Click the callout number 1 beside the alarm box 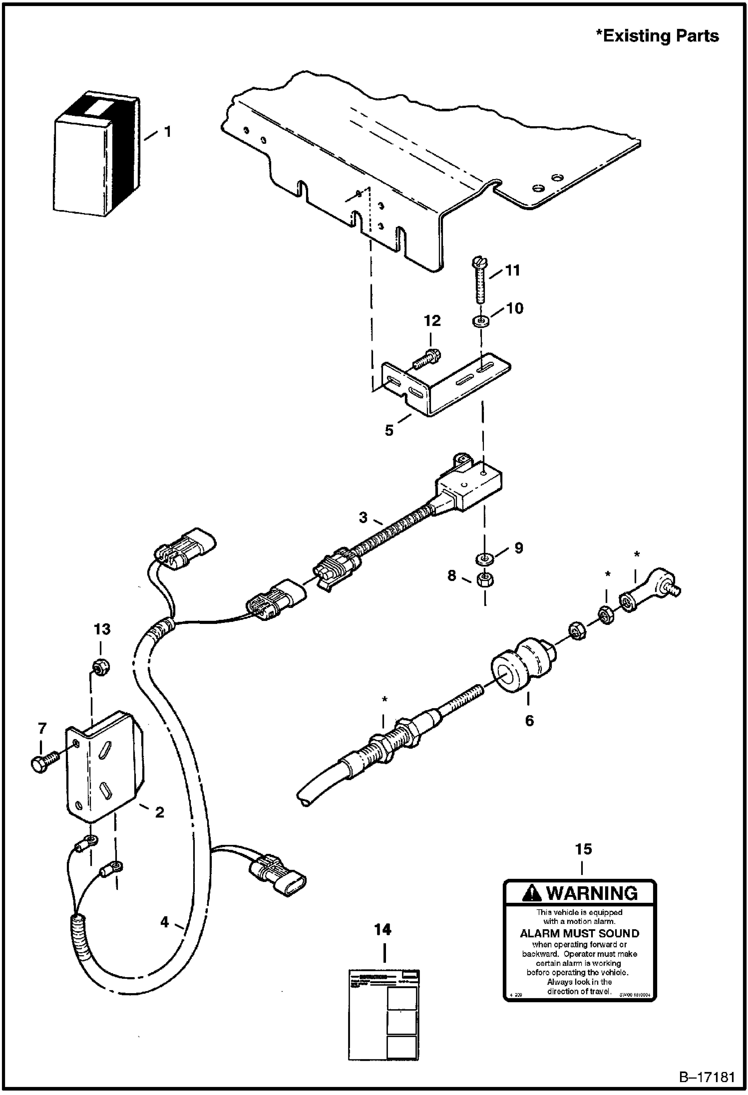point(168,132)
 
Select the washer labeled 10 point(480,320)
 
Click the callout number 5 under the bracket point(389,430)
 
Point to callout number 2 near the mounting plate point(159,812)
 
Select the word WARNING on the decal point(592,893)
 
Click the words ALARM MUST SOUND point(579,933)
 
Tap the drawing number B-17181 point(707,1077)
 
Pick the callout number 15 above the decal point(583,849)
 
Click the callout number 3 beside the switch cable point(364,518)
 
